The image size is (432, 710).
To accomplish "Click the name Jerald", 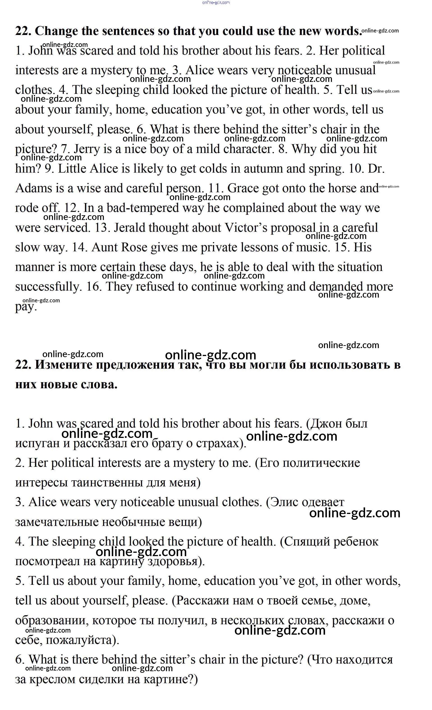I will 130,228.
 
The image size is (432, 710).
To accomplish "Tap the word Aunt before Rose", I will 104,247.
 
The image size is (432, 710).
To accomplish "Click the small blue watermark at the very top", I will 216,2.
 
